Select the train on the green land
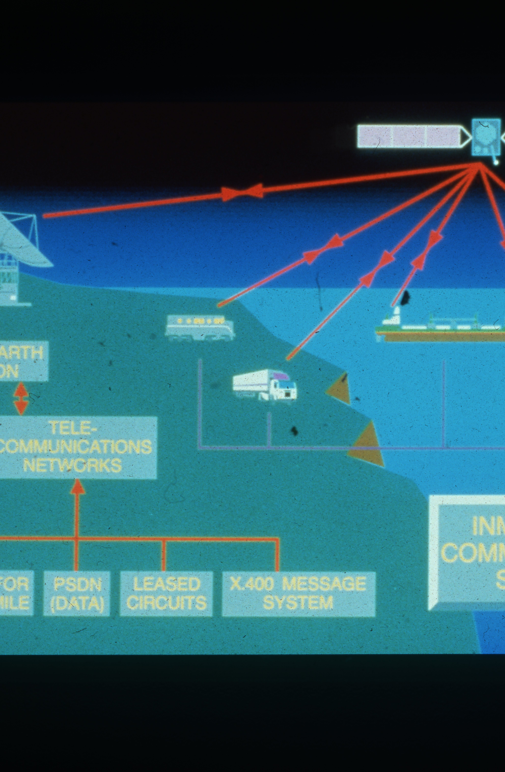click(199, 328)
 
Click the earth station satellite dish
click(23, 240)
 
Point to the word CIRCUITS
click(166, 603)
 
